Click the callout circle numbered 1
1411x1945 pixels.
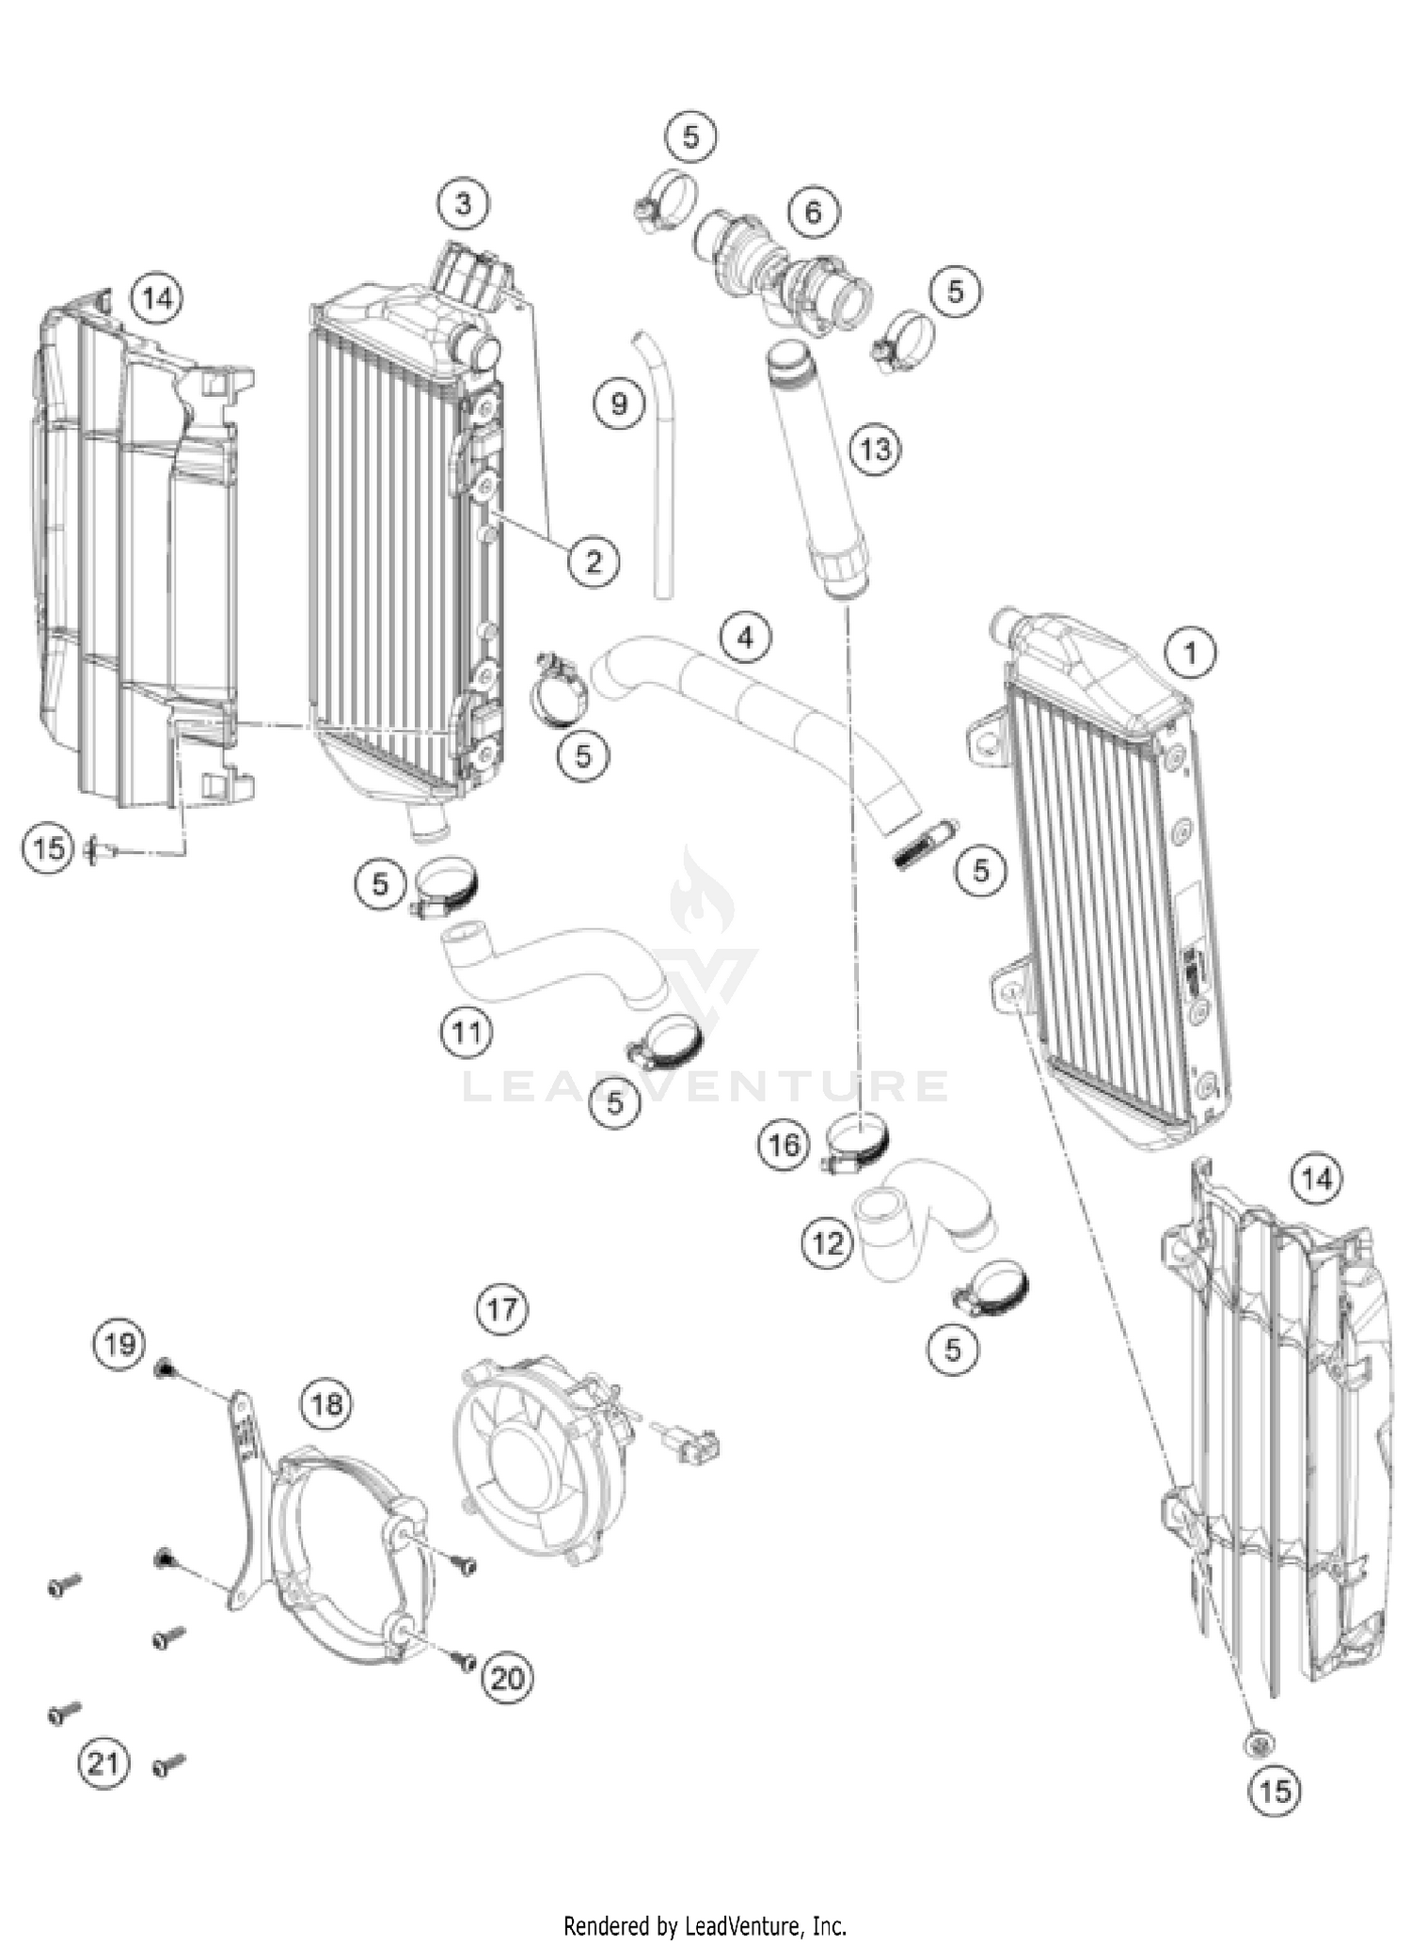(1190, 652)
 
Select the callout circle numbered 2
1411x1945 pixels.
(594, 561)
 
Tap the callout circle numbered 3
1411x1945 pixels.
(463, 202)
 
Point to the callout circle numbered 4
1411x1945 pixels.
(745, 638)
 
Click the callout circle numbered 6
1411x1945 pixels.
(813, 212)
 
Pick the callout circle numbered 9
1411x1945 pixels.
(619, 404)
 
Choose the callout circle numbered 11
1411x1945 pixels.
(467, 1032)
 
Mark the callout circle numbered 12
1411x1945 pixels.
(828, 1243)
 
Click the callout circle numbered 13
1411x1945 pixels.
(875, 449)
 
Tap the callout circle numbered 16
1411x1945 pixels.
(784, 1145)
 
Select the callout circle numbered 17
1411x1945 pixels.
(501, 1308)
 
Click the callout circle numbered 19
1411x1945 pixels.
(119, 1344)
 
